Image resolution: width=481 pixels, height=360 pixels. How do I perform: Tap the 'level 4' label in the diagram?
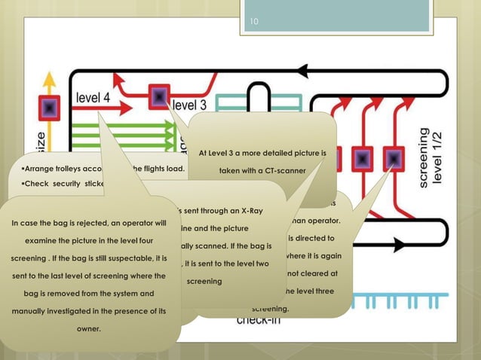[x=93, y=97]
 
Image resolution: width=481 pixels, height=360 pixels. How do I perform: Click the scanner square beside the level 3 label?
[x=160, y=96]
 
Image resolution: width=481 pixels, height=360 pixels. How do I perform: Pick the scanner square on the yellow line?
[x=50, y=109]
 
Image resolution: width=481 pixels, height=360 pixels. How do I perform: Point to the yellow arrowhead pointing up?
[x=50, y=78]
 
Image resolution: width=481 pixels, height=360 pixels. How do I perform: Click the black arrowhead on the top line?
[x=304, y=72]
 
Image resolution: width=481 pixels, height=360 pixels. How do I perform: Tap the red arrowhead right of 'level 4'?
[x=119, y=78]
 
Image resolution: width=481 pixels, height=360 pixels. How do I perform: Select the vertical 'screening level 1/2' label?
[x=431, y=157]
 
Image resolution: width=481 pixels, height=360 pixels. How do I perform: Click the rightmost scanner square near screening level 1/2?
[x=393, y=159]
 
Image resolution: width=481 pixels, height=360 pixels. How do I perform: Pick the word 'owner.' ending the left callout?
[x=89, y=328]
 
